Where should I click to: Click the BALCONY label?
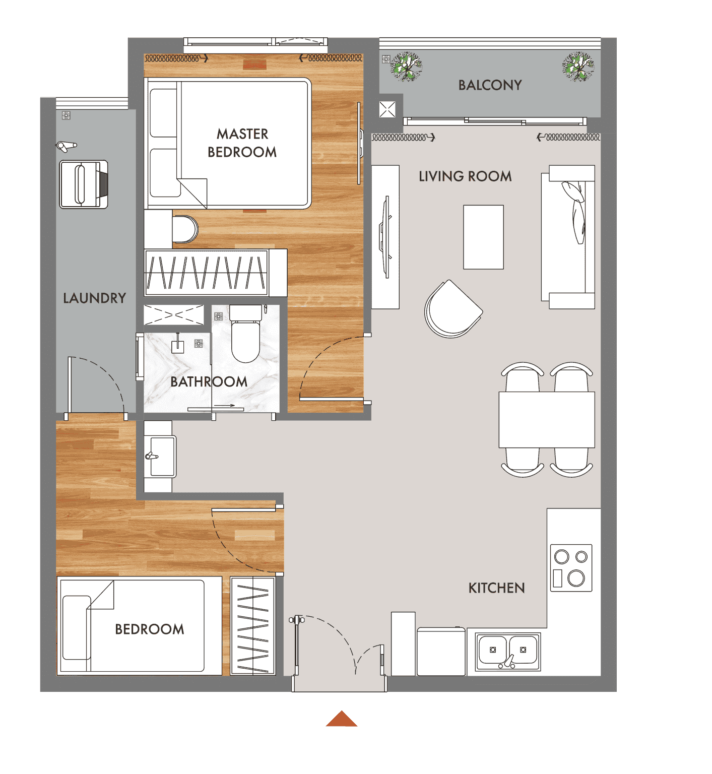[490, 85]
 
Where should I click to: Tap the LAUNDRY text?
[95, 298]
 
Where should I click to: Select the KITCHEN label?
[497, 588]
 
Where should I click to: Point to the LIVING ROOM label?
[465, 176]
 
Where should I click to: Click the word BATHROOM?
[209, 381]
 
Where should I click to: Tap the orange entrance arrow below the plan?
[342, 719]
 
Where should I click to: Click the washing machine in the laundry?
[84, 184]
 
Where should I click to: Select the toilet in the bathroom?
[245, 334]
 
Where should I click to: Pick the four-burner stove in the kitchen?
[571, 568]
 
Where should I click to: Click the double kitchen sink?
[508, 652]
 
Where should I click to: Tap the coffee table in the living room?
[483, 237]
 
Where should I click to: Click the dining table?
[547, 419]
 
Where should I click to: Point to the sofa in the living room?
[568, 237]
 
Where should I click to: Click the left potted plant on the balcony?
[406, 66]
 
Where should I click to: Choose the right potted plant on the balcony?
[578, 67]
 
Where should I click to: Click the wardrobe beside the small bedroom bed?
[253, 626]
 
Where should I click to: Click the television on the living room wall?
[386, 237]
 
